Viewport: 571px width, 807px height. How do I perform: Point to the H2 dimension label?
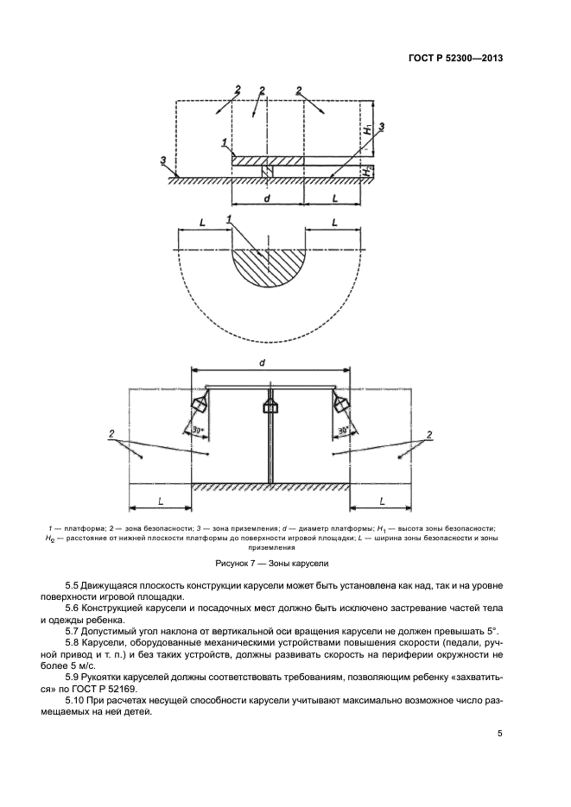tap(368, 171)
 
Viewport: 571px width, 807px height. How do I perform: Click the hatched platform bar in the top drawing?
tap(268, 160)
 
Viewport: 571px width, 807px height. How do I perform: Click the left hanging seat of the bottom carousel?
tap(198, 404)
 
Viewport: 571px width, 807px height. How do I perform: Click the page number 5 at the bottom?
tap(499, 734)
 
